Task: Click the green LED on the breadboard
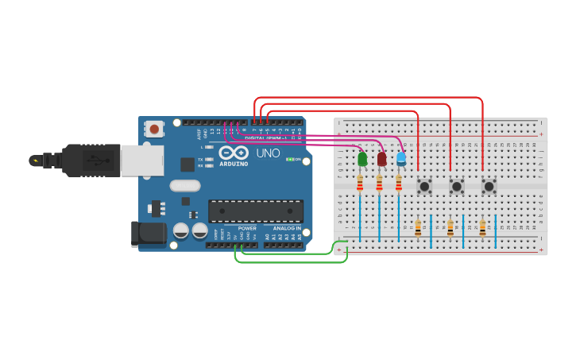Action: coord(362,159)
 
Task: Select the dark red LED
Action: coord(381,159)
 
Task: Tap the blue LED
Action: coord(401,159)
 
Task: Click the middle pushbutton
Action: coord(457,186)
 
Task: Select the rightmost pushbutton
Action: coord(489,186)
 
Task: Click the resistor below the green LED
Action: coord(360,184)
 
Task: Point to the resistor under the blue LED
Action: coord(399,184)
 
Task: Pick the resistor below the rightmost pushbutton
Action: coord(482,229)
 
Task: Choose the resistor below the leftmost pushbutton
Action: coord(418,229)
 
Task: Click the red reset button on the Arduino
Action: coord(154,128)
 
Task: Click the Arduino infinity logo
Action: coord(234,153)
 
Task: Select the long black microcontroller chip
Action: coord(256,211)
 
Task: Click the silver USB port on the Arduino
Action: coord(141,160)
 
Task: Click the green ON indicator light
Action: coord(290,160)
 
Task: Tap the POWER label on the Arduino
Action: coord(247,229)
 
